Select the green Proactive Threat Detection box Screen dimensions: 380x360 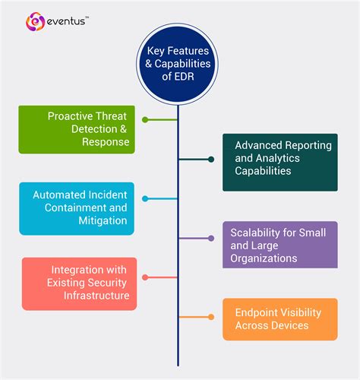77,130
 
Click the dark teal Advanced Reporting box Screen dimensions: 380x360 279,162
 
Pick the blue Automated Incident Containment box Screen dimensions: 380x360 77,208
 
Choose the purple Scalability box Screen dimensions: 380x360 279,245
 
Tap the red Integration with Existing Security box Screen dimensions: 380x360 79,283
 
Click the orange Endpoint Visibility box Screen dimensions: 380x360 279,318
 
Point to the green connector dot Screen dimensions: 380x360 144,119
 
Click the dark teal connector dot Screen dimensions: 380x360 211,160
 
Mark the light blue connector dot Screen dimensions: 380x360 144,199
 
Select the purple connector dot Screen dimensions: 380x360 211,239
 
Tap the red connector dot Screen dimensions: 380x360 144,277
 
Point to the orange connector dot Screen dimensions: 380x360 211,317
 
